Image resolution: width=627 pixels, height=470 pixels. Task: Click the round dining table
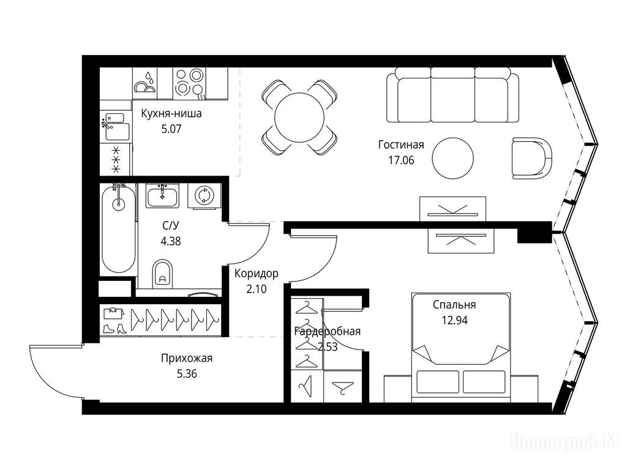point(299,117)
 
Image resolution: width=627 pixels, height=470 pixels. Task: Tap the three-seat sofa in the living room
point(452,95)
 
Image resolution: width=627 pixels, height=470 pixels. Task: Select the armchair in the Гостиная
point(532,159)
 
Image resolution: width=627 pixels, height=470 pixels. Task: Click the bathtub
point(118,229)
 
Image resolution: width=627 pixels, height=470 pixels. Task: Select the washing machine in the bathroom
point(205,196)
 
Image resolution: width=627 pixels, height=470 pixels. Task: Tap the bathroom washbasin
point(162,196)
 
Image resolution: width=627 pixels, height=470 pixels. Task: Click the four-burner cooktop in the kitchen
point(189,83)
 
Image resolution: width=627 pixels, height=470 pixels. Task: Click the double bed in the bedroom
point(461,348)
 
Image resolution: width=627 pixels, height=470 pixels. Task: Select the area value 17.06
point(401,160)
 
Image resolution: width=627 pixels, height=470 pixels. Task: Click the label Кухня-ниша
point(171,113)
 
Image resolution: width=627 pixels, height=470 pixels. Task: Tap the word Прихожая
point(186,358)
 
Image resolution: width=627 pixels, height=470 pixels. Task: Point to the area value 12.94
point(455,320)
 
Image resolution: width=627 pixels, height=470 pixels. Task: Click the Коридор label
point(257,274)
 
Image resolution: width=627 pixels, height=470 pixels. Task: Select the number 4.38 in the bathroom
point(171,241)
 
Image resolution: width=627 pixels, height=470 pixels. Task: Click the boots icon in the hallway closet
point(115,329)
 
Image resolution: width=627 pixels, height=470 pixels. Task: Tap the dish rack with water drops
point(145,83)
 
